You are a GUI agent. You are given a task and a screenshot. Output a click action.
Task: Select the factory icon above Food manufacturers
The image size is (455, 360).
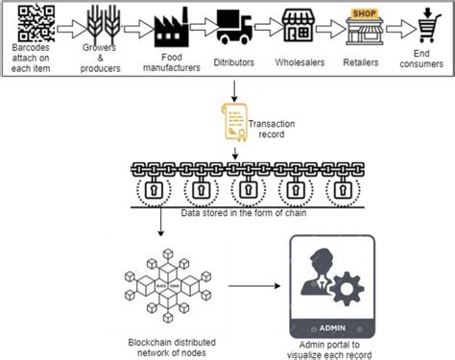[169, 28]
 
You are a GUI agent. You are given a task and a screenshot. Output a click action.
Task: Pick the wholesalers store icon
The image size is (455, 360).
[300, 27]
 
